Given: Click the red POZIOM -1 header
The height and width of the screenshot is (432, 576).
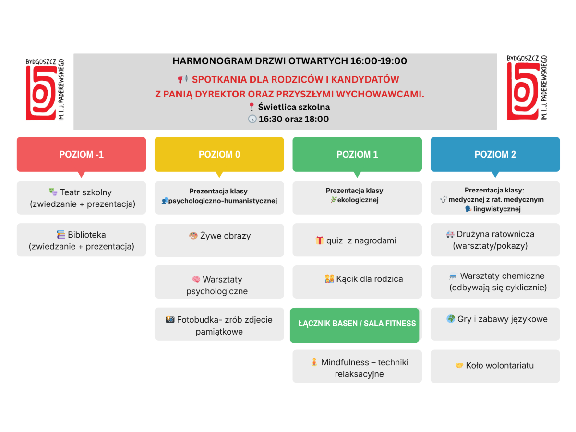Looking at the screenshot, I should tap(81, 154).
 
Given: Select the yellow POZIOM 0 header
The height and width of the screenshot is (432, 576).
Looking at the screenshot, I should tap(219, 154).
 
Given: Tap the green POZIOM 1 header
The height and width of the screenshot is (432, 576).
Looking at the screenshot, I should tap(357, 154).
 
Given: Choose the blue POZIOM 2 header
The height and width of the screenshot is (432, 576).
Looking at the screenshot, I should tap(495, 154).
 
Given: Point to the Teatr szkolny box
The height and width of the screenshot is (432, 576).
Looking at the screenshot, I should tap(81, 198).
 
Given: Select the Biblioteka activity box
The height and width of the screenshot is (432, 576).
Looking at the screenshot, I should tap(81, 240).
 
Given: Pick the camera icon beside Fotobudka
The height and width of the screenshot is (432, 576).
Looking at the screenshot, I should tap(170, 319).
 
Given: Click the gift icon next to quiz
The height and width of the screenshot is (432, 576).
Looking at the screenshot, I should tap(320, 240).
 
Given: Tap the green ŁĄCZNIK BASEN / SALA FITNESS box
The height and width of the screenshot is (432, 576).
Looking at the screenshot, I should tap(355, 324).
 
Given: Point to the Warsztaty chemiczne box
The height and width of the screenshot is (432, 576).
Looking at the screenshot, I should tap(495, 282).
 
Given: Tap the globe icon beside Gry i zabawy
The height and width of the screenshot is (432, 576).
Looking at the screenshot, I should tap(451, 319).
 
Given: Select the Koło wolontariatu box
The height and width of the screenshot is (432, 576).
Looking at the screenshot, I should tap(495, 366).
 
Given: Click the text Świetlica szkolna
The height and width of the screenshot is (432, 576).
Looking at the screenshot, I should tap(294, 107).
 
